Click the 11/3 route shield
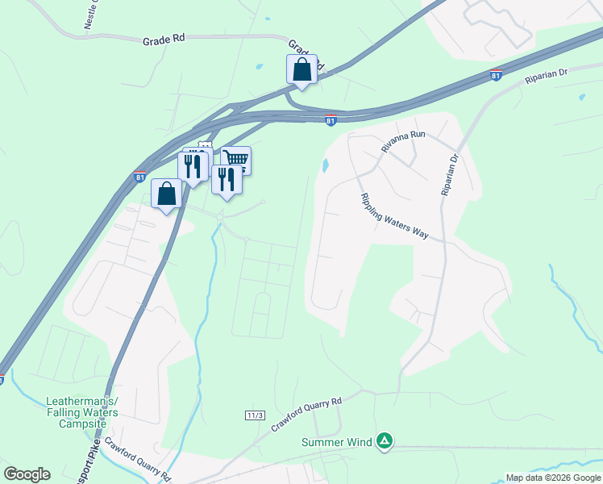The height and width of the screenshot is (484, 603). pyautogui.click(x=255, y=415)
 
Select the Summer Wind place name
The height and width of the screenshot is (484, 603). pyautogui.click(x=337, y=441)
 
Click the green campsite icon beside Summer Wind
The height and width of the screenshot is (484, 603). pyautogui.click(x=385, y=440)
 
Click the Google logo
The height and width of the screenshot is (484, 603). pyautogui.click(x=27, y=474)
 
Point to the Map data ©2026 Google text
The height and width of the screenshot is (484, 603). pyautogui.click(x=553, y=478)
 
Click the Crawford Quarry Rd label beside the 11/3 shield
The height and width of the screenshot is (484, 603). pyautogui.click(x=307, y=412)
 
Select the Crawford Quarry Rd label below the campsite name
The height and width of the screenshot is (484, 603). pyautogui.click(x=136, y=457)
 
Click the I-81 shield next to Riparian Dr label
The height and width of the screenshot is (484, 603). pyautogui.click(x=497, y=75)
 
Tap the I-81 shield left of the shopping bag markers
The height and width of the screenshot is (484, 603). pyautogui.click(x=140, y=176)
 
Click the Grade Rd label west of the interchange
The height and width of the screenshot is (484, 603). pyautogui.click(x=164, y=40)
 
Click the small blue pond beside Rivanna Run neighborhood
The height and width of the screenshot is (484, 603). pyautogui.click(x=326, y=165)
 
